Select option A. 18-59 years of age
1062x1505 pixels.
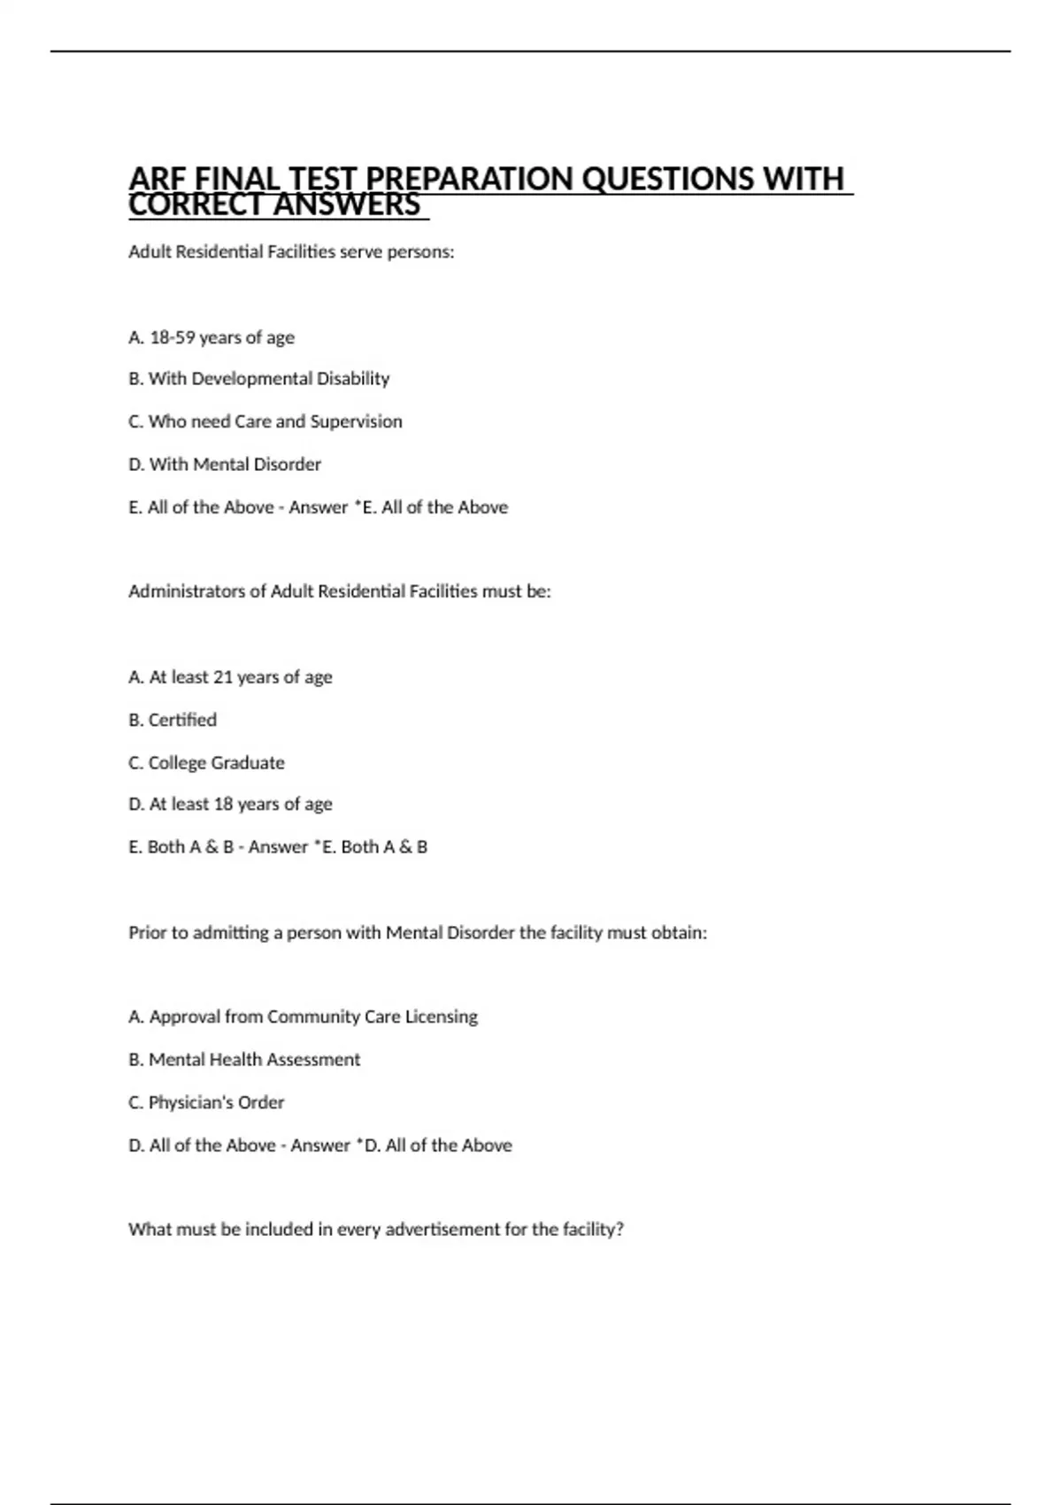(212, 337)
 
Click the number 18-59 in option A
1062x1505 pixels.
(172, 337)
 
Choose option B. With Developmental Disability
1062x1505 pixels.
(259, 379)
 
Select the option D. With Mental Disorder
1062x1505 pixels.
(225, 464)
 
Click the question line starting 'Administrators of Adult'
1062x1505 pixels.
(340, 591)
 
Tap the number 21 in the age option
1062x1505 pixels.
(223, 677)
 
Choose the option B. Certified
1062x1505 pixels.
(173, 720)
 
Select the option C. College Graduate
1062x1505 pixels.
(207, 762)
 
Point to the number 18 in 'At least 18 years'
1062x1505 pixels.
(223, 804)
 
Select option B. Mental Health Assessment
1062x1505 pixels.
(244, 1060)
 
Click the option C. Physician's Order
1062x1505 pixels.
(206, 1102)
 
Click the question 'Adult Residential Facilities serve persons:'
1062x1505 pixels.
(291, 252)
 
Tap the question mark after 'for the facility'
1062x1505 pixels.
(619, 1230)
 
